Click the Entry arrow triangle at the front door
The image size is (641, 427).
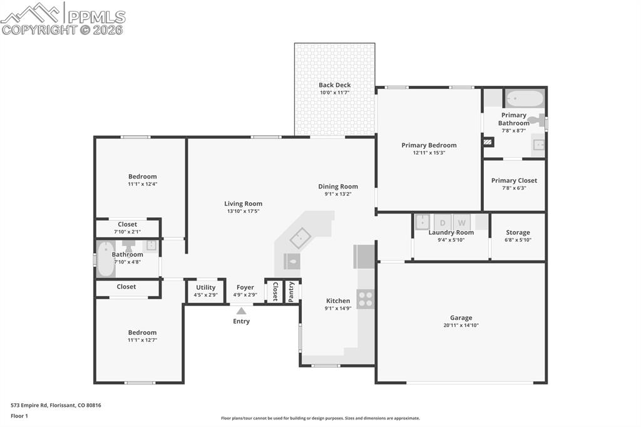[241, 311]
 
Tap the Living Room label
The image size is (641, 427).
[244, 203]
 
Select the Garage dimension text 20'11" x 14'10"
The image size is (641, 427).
[461, 326]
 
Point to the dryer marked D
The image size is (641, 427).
[443, 222]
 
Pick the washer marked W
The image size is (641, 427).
[461, 222]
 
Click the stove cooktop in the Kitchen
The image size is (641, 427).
[366, 299]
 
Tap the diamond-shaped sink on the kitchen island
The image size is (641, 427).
[300, 238]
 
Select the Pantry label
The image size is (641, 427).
[291, 292]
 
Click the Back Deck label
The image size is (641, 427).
[335, 85]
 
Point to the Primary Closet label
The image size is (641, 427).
[515, 180]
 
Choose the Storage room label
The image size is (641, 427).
[518, 232]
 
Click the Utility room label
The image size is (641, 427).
[205, 287]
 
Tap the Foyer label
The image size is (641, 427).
[245, 287]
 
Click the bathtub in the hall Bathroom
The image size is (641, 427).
[106, 259]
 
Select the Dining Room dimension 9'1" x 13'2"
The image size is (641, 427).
[338, 194]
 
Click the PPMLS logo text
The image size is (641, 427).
[96, 17]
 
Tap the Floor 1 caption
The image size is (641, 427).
[19, 416]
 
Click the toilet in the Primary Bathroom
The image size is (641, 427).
[538, 120]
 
